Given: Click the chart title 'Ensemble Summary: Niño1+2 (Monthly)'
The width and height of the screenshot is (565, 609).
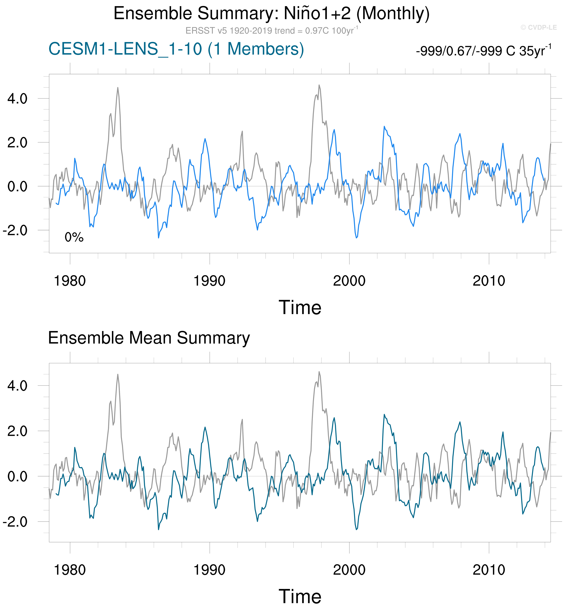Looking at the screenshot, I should pyautogui.click(x=272, y=14).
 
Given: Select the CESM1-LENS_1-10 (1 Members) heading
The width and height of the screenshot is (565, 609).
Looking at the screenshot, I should pyautogui.click(x=176, y=49).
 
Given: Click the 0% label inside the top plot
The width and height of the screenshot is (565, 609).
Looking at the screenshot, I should pyautogui.click(x=74, y=237).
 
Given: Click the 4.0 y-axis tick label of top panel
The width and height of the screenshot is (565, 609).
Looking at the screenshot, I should pyautogui.click(x=17, y=99).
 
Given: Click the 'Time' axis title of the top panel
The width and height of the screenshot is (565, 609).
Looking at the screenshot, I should pyautogui.click(x=300, y=307).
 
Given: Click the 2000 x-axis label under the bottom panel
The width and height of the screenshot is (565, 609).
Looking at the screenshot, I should pyautogui.click(x=349, y=570).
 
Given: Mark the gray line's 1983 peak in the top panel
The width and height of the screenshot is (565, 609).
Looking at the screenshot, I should pyautogui.click(x=118, y=88).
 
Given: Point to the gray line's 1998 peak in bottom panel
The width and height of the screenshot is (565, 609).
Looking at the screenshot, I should pyautogui.click(x=319, y=372).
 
